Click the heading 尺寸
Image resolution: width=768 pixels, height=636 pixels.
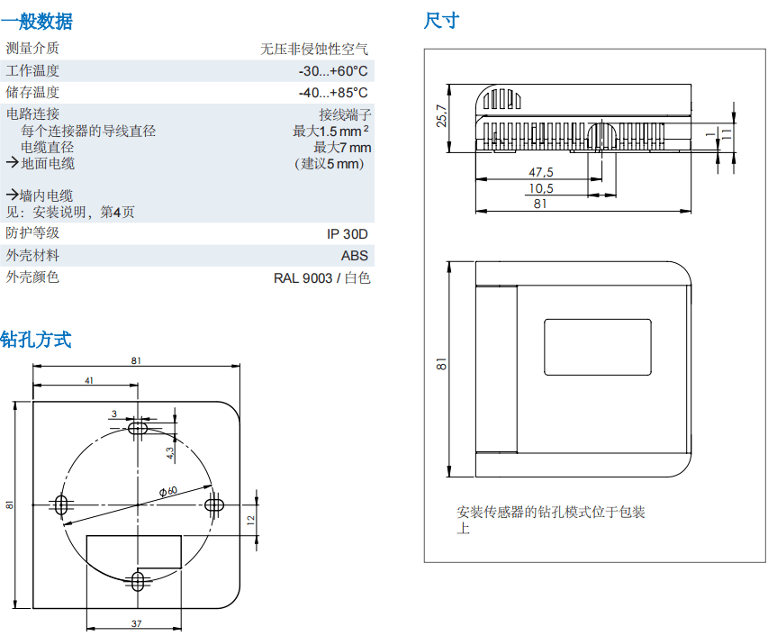pyautogui.click(x=441, y=20)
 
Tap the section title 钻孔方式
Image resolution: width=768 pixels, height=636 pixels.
pyautogui.click(x=36, y=340)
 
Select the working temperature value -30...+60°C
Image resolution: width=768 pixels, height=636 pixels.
pyautogui.click(x=333, y=71)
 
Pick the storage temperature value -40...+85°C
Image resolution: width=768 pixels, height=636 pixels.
pyautogui.click(x=333, y=93)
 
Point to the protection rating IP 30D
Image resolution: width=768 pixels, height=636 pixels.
pyautogui.click(x=348, y=233)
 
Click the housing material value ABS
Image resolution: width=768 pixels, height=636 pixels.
pyautogui.click(x=355, y=256)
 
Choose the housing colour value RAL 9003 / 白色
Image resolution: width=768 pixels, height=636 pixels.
pyautogui.click(x=321, y=277)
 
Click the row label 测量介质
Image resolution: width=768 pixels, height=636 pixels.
pyautogui.click(x=32, y=49)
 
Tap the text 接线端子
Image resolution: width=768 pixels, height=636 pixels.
pyautogui.click(x=345, y=114)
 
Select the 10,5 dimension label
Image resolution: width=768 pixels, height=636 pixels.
pyautogui.click(x=540, y=187)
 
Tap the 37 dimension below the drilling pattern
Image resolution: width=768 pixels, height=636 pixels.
pyautogui.click(x=136, y=623)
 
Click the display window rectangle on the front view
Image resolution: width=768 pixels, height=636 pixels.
pyautogui.click(x=598, y=346)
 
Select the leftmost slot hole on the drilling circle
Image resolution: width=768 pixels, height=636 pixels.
pyautogui.click(x=61, y=504)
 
